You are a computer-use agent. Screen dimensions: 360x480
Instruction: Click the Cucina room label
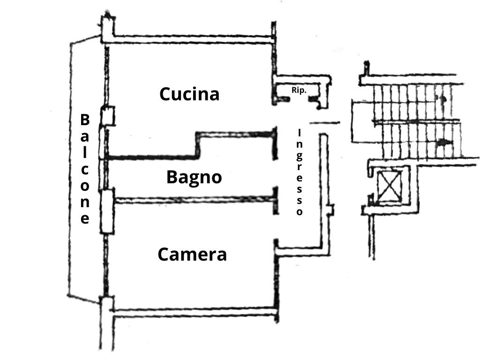(189, 94)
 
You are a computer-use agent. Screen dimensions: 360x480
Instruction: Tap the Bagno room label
(194, 178)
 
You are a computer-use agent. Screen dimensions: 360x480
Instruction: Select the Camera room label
(192, 255)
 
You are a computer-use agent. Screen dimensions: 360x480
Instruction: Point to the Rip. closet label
(299, 90)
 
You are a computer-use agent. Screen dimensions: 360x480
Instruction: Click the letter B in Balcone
(85, 120)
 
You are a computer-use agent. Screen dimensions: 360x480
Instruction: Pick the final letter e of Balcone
(85, 219)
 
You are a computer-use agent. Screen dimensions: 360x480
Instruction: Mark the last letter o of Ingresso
(300, 211)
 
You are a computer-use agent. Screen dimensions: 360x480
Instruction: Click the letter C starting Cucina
(165, 94)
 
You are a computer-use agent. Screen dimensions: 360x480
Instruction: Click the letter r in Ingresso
(300, 166)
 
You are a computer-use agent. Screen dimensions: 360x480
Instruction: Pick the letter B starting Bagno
(172, 178)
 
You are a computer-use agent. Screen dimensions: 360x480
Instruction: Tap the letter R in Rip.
(294, 90)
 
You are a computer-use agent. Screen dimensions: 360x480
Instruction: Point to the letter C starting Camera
(163, 255)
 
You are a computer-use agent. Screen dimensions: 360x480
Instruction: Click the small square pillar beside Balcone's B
(107, 116)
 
